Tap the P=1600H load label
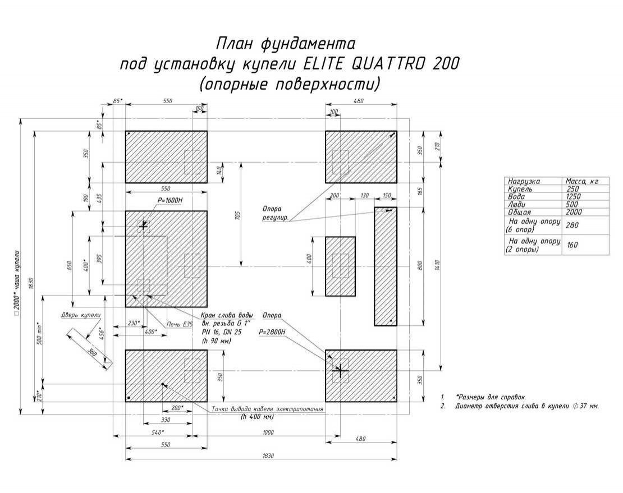[154, 200]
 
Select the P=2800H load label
[272, 332]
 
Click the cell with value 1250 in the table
[574, 197]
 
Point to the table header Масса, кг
[582, 182]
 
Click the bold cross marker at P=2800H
[340, 371]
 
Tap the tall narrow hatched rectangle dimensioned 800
[386, 266]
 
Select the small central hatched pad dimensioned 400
[340, 266]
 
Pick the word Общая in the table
[517, 213]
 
